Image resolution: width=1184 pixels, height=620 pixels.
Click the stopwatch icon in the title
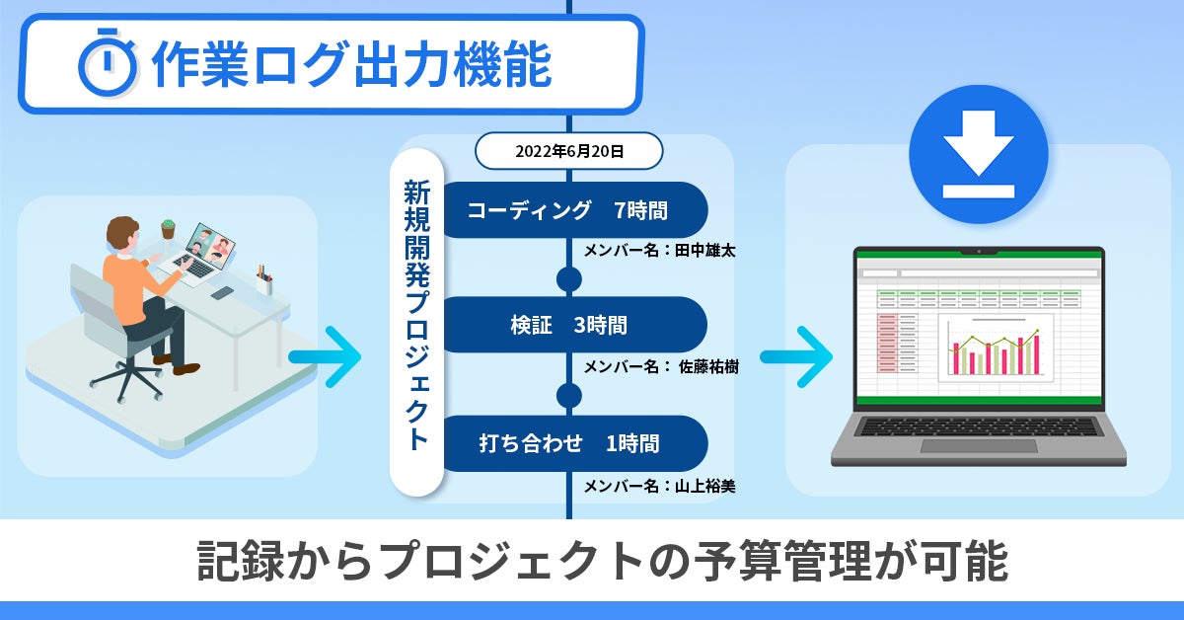(108, 65)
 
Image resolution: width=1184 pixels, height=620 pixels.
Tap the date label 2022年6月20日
(568, 152)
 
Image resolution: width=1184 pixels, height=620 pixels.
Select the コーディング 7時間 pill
(568, 209)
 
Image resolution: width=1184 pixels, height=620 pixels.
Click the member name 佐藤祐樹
(707, 367)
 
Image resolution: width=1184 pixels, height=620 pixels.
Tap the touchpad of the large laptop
(976, 446)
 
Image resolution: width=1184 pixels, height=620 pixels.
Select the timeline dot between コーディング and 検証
(568, 279)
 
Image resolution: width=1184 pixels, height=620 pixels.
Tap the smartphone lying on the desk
(223, 293)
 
